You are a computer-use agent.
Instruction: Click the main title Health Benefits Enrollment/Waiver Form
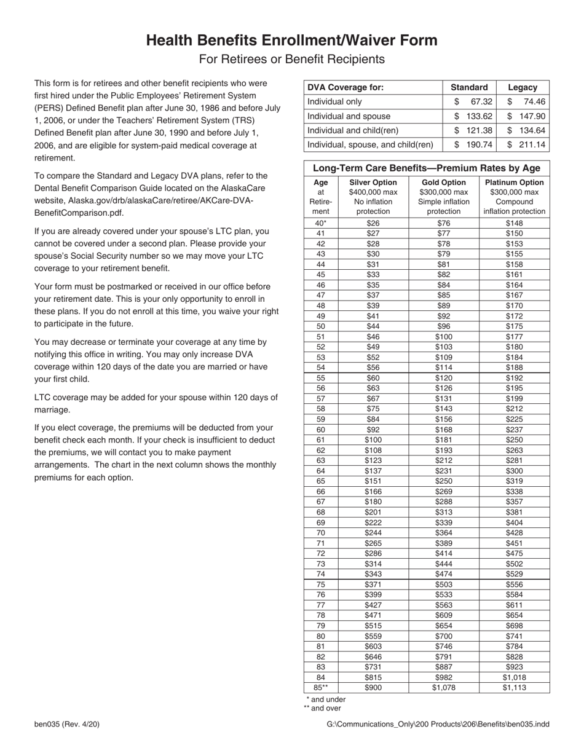coord(291,41)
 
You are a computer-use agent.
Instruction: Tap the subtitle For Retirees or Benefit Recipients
coord(291,60)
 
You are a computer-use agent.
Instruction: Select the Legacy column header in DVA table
coord(523,87)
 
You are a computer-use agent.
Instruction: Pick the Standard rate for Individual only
coord(473,102)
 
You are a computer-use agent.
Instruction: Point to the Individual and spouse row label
coord(349,116)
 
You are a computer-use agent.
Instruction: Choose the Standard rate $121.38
coord(473,130)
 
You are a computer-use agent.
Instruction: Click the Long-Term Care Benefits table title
coord(427,168)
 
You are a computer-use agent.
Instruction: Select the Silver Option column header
coord(373,183)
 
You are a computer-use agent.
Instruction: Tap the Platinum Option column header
coord(515,183)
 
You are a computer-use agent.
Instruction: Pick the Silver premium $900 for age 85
coord(373,688)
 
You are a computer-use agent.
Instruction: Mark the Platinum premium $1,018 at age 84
coord(515,677)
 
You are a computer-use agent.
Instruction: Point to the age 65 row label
coord(320,481)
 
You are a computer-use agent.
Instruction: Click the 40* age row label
coord(320,223)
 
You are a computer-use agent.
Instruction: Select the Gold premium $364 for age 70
coord(443,533)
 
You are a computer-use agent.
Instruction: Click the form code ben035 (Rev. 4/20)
coord(67,725)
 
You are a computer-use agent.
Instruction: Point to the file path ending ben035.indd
coord(438,725)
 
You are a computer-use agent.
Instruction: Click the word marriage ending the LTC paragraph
coord(52,410)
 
